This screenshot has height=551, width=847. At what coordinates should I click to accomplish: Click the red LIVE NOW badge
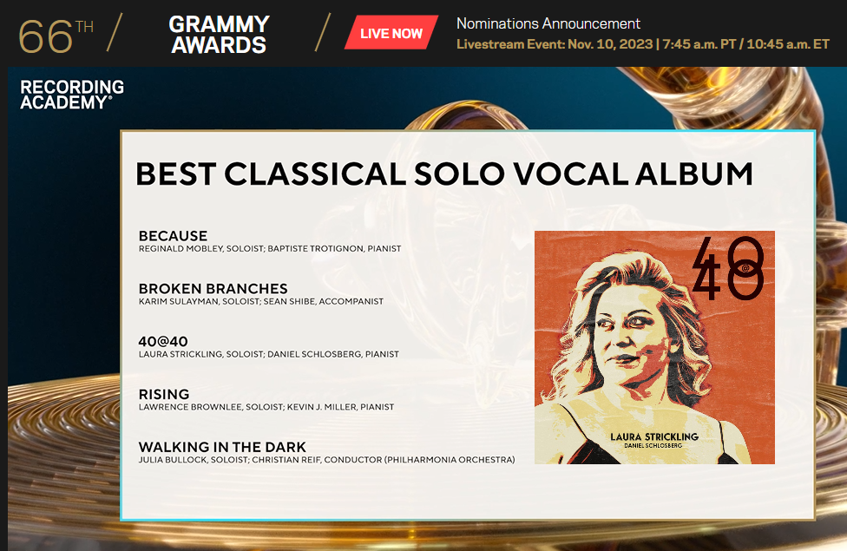391,32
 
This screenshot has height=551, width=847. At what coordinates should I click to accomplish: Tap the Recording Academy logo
72,95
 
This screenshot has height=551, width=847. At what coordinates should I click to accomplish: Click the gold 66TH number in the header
56,36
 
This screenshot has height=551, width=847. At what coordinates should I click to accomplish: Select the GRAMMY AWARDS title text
219,34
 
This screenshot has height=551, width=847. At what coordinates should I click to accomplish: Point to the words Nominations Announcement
548,23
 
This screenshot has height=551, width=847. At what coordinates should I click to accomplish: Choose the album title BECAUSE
173,235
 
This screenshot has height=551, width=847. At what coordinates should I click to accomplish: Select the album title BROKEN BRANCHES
213,288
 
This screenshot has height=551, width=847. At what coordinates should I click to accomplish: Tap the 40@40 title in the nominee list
163,341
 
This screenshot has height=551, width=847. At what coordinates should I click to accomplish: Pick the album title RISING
164,394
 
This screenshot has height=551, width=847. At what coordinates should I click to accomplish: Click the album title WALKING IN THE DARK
222,447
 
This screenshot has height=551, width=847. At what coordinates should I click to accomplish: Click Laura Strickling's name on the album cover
654,436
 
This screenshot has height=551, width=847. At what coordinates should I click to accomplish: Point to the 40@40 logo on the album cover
728,268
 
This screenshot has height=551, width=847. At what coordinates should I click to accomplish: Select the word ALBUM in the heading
693,174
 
